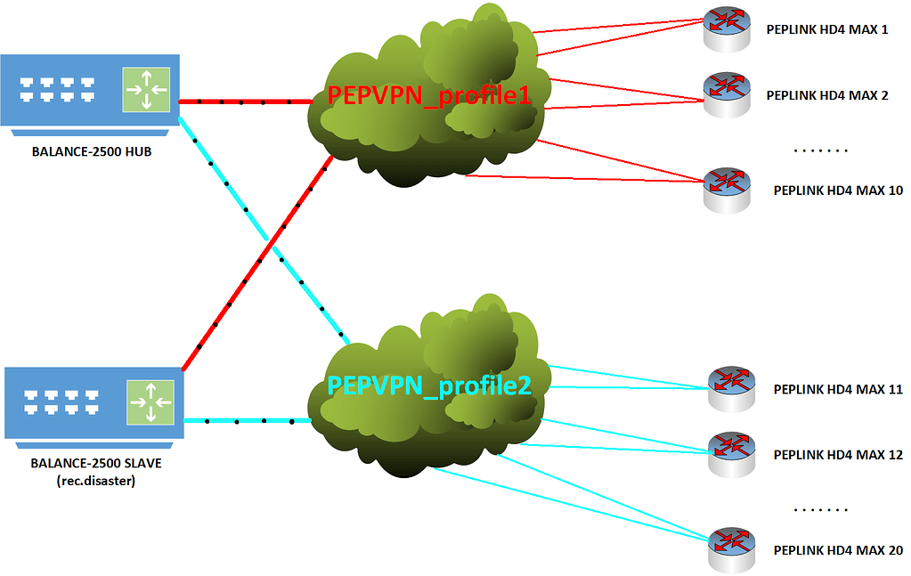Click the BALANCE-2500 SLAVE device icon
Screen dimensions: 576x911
tap(94, 402)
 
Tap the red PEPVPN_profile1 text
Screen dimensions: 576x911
tap(428, 96)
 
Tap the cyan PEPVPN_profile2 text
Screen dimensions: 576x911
tap(429, 385)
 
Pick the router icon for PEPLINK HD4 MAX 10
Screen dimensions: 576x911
tap(727, 189)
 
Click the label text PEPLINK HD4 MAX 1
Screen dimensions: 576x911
tap(827, 29)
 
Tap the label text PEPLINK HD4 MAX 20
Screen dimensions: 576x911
tap(838, 550)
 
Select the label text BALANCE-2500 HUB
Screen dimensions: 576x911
tap(91, 151)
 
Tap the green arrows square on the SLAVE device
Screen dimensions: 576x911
tap(149, 402)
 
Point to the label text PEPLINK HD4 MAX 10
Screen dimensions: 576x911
tap(838, 191)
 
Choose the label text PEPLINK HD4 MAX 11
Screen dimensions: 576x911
tap(838, 389)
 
